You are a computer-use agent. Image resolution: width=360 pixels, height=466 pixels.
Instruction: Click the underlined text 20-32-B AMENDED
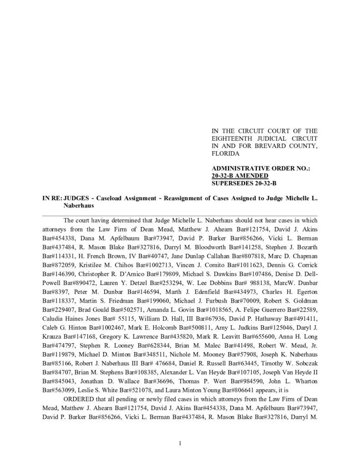[x=240, y=176]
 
